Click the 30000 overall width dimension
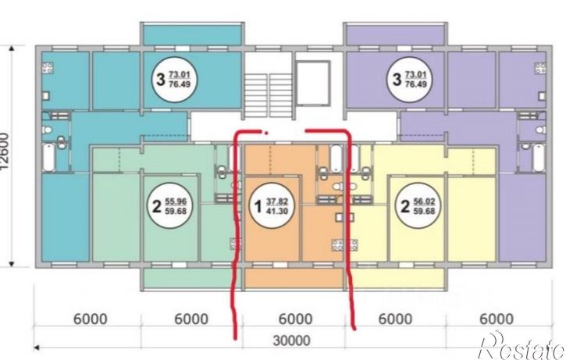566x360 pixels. pyautogui.click(x=291, y=340)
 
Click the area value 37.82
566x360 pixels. pyautogui.click(x=277, y=201)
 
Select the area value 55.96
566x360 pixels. pyautogui.click(x=176, y=201)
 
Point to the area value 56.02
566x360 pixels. pyautogui.click(x=424, y=201)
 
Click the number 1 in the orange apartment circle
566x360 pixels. pyautogui.click(x=258, y=207)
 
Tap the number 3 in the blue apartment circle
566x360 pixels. pyautogui.click(x=161, y=79)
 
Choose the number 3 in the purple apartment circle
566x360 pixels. pyautogui.click(x=397, y=79)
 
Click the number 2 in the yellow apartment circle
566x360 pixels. pyautogui.click(x=405, y=206)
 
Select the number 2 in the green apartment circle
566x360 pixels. pyautogui.click(x=156, y=206)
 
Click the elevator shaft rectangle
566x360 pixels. pyautogui.click(x=312, y=83)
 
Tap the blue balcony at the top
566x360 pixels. pyautogui.click(x=192, y=35)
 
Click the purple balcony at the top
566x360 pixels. pyautogui.click(x=395, y=35)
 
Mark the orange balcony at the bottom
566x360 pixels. pyautogui.click(x=294, y=279)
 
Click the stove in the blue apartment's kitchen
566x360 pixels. pyautogui.click(x=48, y=68)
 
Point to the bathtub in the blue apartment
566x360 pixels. pyautogui.click(x=48, y=158)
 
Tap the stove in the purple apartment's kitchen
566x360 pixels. pyautogui.click(x=540, y=68)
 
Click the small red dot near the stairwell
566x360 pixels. pyautogui.click(x=266, y=134)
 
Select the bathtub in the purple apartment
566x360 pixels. pyautogui.click(x=539, y=158)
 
